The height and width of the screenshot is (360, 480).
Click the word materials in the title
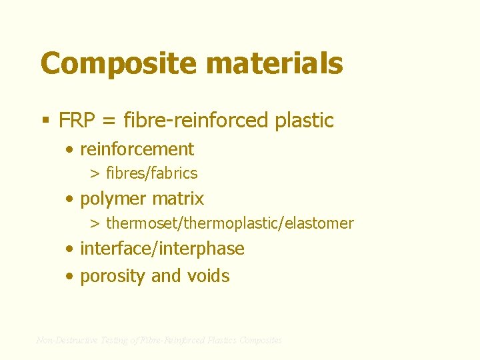[x=275, y=64]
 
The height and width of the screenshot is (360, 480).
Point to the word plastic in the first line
[x=303, y=121]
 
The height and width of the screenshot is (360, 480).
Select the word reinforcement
[x=137, y=149]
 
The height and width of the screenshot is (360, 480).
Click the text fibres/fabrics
[x=152, y=173]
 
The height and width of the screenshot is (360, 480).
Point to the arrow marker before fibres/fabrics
[x=95, y=174]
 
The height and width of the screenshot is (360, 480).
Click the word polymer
[x=113, y=199]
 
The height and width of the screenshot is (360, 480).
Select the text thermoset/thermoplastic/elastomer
[x=230, y=223]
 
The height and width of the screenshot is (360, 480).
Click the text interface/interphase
[x=162, y=249]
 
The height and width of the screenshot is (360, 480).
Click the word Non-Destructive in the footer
[x=67, y=340]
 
